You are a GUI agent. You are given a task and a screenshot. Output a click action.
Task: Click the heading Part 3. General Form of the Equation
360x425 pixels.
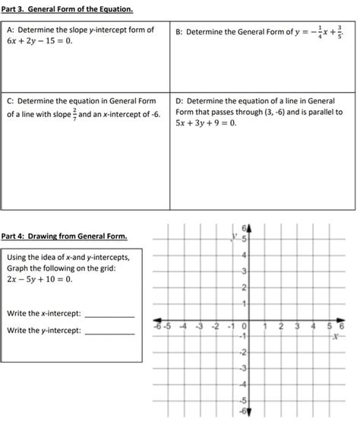tap(69, 9)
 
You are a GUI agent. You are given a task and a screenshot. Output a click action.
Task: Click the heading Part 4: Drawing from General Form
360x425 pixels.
tap(65, 236)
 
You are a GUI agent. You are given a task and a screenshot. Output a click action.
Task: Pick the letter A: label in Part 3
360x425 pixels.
tap(11, 30)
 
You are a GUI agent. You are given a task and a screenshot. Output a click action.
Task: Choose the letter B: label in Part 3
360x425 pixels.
tap(179, 32)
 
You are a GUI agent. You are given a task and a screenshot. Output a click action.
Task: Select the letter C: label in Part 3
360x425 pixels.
tap(11, 100)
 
